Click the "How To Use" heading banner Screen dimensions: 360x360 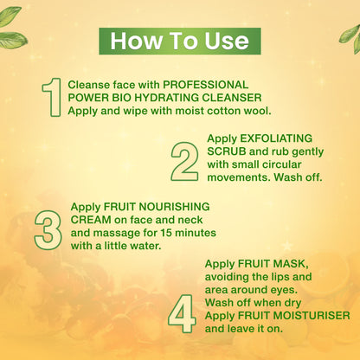tap(180, 42)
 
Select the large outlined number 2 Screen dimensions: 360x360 tap(184, 161)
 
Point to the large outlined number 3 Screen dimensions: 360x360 tap(48, 229)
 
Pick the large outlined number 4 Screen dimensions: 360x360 tap(182, 313)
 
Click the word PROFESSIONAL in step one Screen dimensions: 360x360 tap(206, 85)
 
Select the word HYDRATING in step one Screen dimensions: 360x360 tap(166, 98)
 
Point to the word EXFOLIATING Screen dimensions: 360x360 tap(276, 138)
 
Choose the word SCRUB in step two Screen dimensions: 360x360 tap(227, 151)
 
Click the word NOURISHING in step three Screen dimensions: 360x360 tap(174, 207)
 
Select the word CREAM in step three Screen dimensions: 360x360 tap(91, 220)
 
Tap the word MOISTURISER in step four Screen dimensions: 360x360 tap(312, 316)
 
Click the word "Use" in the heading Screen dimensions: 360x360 tap(227, 42)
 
